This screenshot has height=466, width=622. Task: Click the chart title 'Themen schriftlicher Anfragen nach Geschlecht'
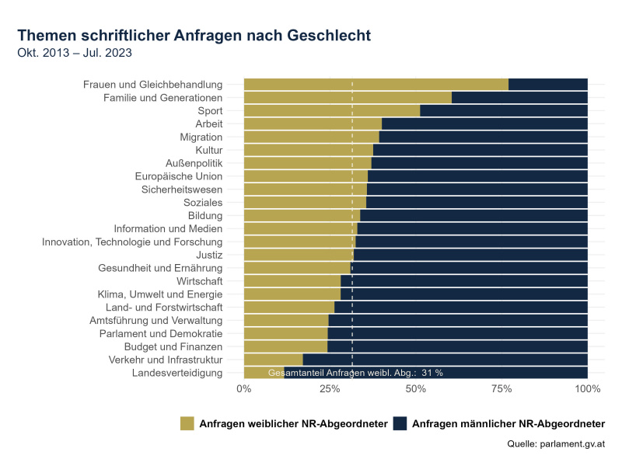[194, 36]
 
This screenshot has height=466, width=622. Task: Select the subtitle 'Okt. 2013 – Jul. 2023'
[74, 53]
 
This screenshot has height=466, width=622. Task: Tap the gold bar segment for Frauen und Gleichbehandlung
[376, 85]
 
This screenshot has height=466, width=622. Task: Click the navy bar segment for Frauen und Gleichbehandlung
[547, 85]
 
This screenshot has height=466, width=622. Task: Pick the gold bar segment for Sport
[331, 111]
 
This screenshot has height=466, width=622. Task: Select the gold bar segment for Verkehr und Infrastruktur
[273, 360]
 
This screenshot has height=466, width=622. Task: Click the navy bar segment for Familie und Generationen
[519, 98]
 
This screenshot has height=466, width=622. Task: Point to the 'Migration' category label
[201, 137]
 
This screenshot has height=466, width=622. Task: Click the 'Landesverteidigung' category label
[177, 373]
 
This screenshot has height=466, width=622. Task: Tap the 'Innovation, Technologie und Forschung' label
[132, 242]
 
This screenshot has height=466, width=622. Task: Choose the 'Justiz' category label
[209, 255]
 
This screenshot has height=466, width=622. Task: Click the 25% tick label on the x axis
[330, 388]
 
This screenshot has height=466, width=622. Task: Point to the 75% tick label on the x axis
[501, 388]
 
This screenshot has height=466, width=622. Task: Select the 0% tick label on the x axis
[244, 388]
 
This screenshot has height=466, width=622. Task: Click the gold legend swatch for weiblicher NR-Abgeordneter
[187, 423]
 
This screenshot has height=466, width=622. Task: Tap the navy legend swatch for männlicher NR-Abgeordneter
[400, 423]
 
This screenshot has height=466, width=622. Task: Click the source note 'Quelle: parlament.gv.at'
[555, 444]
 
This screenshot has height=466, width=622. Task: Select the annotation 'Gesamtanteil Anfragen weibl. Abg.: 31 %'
[355, 373]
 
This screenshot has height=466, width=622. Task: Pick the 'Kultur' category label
[209, 150]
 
